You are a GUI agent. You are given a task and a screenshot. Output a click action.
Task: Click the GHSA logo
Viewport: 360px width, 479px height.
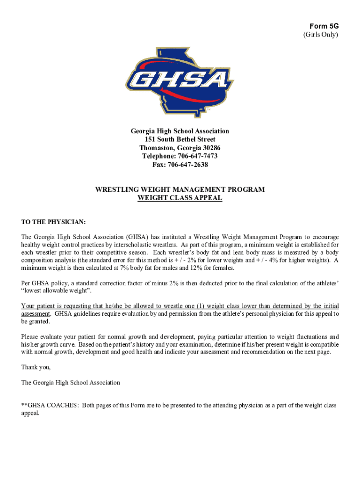180,82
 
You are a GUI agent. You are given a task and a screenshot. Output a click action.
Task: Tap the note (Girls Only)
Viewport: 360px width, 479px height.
321,35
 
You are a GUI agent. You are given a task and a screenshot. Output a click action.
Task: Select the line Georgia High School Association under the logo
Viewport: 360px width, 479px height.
180,131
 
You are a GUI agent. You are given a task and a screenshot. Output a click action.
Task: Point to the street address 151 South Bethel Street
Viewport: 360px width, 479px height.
180,139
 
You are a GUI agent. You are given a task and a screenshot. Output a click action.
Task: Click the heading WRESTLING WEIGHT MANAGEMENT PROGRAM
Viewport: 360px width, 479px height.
180,189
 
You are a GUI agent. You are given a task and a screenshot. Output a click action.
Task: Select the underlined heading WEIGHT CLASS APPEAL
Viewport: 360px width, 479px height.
180,198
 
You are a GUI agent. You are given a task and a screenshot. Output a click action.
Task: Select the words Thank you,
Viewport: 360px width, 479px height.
36,367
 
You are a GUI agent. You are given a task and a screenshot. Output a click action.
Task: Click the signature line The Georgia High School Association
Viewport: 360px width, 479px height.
71,382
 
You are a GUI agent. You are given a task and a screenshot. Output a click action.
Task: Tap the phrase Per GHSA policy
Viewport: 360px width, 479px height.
44,283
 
